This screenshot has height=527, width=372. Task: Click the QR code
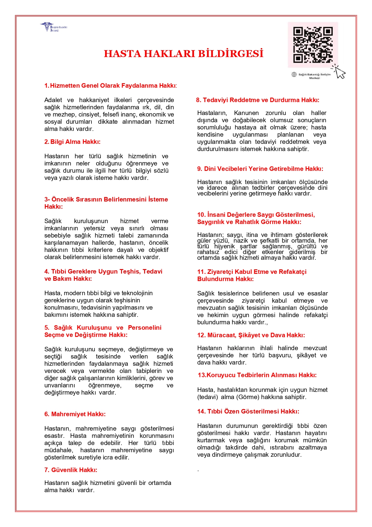[313, 45]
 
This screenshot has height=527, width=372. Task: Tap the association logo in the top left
[53, 27]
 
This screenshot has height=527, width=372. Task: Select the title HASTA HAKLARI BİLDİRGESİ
[183, 53]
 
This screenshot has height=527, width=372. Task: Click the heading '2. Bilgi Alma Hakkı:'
[73, 142]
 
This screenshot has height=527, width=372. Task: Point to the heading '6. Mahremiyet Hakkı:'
[75, 414]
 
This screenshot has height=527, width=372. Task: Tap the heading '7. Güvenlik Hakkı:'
[71, 470]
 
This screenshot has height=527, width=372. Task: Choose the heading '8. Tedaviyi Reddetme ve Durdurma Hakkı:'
[258, 100]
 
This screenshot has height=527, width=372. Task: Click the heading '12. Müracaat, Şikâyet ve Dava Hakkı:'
[251, 335]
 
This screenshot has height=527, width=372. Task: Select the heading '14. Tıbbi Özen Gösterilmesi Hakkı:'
[248, 411]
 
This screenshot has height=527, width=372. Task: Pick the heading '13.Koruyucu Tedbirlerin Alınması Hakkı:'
[257, 375]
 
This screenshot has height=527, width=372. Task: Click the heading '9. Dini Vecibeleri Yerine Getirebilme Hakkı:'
[260, 169]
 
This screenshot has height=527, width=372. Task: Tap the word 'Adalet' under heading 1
[53, 100]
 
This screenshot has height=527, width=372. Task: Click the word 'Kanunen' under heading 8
[246, 113]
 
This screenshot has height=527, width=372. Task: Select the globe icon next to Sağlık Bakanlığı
[294, 74]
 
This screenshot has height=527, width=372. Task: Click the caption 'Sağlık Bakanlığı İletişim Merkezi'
[314, 76]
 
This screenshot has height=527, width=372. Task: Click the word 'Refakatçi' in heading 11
[293, 272]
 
